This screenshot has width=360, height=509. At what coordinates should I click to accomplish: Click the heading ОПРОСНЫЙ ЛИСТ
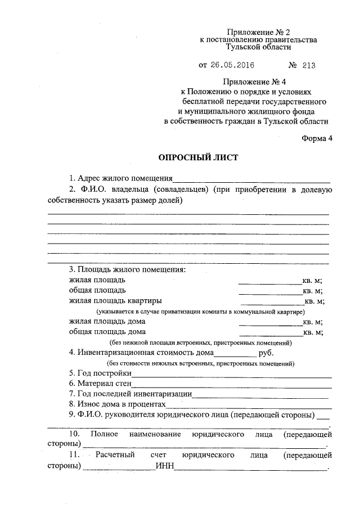191,158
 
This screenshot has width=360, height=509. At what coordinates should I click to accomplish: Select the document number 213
309,65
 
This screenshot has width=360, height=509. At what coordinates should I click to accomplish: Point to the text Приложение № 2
258,32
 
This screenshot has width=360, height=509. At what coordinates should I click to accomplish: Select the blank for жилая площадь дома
271,322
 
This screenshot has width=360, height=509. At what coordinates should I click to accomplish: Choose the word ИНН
165,466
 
